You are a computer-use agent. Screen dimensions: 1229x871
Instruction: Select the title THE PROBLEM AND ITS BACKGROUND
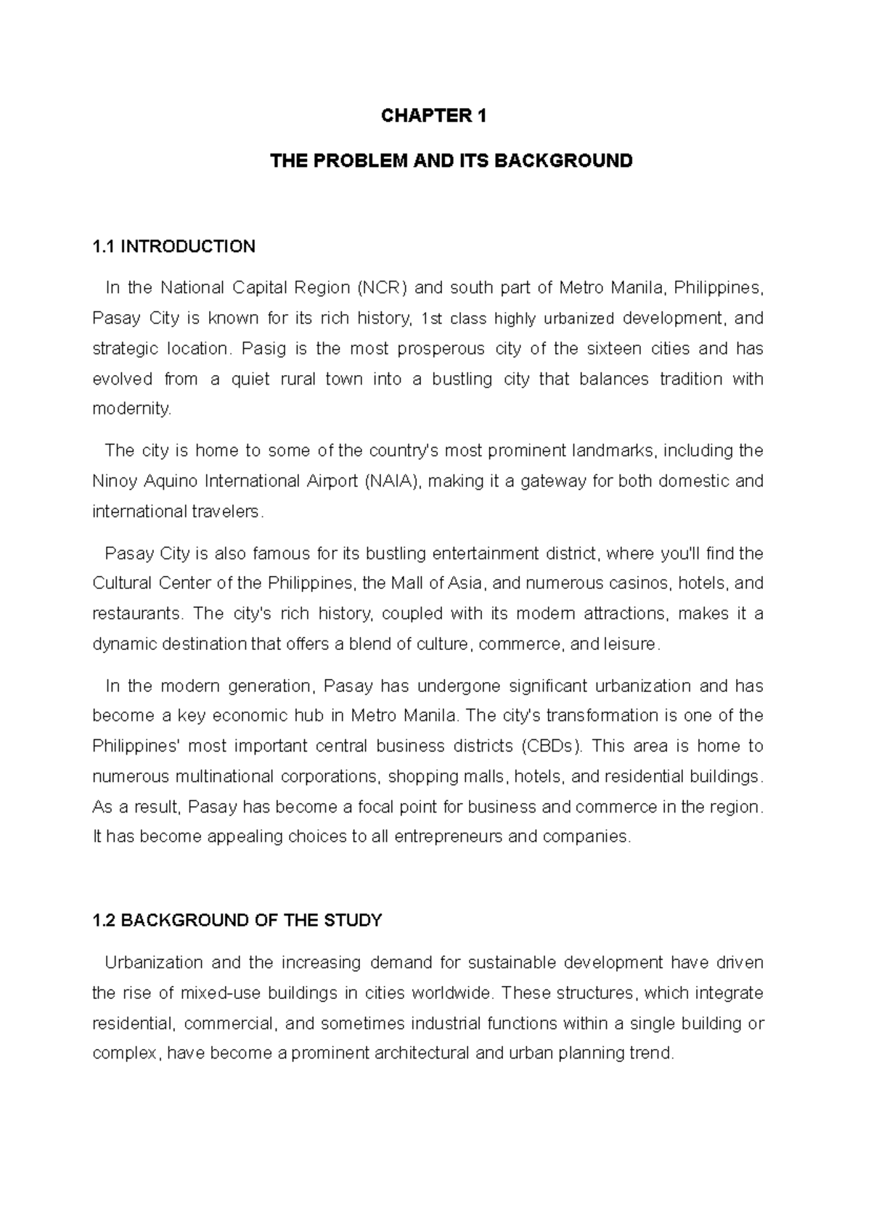(451, 160)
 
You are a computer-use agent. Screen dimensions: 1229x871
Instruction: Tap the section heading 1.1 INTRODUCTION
(174, 247)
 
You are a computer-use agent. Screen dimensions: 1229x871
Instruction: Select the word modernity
(132, 409)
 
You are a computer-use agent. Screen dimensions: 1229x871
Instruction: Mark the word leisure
(629, 644)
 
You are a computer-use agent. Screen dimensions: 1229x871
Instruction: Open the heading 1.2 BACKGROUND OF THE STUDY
(237, 921)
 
